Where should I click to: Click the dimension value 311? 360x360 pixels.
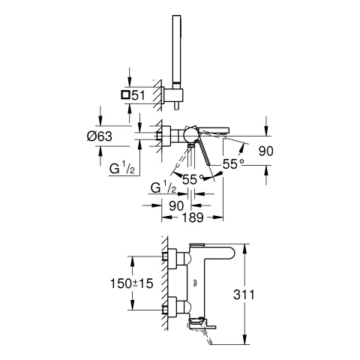point(244,295)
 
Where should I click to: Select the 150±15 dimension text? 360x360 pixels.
point(131,283)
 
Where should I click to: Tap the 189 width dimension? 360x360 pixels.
point(192,217)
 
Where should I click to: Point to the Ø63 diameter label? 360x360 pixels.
point(100,136)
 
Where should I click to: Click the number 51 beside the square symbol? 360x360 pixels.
point(138,95)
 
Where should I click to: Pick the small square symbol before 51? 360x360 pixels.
point(125,95)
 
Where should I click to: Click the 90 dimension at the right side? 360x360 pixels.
point(265,151)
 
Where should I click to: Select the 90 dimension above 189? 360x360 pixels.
point(176,205)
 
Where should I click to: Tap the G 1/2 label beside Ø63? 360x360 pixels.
point(122,168)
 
